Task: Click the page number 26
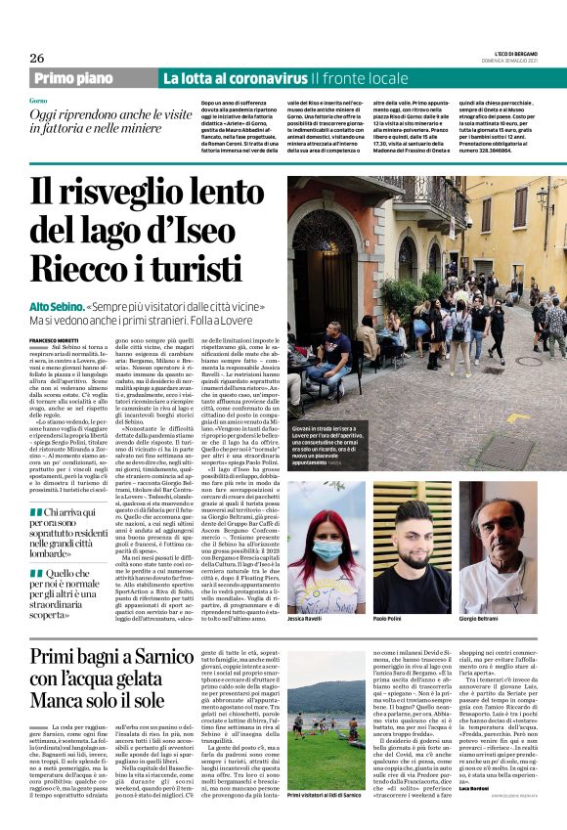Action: pyautogui.click(x=36, y=58)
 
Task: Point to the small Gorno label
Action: pyautogui.click(x=38, y=102)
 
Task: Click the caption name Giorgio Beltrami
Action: pyautogui.click(x=481, y=592)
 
